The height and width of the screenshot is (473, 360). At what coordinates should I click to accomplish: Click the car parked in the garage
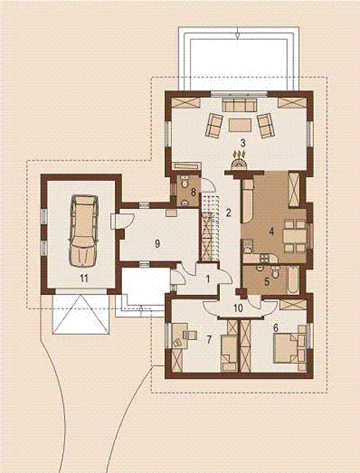(84, 231)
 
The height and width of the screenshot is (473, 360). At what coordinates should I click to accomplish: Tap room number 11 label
(84, 278)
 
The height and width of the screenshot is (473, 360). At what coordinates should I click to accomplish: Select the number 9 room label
(157, 244)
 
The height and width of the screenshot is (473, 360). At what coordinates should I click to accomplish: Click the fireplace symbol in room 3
(240, 160)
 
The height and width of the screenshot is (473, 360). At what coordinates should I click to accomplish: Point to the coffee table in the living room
(240, 125)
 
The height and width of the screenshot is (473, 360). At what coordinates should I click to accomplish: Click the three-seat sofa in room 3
(239, 105)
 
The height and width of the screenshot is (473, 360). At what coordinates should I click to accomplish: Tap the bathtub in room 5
(293, 279)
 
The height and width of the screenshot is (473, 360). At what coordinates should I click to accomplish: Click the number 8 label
(194, 192)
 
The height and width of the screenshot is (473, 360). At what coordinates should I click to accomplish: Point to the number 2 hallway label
(228, 213)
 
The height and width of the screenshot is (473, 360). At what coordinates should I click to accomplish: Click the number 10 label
(238, 308)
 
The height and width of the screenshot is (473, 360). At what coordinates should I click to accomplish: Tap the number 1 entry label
(207, 279)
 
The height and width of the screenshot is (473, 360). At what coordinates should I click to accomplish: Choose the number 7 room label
(209, 340)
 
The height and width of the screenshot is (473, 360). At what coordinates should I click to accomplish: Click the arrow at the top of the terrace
(238, 33)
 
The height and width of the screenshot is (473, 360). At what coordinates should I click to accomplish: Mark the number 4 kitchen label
(271, 231)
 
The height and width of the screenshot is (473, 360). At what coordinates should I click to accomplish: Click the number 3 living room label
(243, 142)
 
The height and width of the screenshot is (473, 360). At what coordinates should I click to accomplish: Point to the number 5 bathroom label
(267, 281)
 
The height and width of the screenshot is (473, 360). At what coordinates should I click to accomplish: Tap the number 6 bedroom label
(275, 328)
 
